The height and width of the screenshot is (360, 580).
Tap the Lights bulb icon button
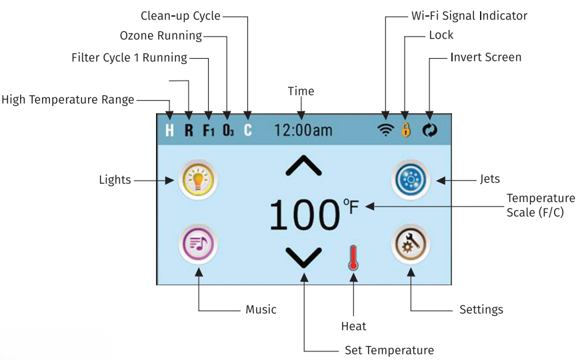pyautogui.click(x=198, y=180)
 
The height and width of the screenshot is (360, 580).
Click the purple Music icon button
pyautogui.click(x=198, y=244)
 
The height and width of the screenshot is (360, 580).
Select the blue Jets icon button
pyautogui.click(x=411, y=180)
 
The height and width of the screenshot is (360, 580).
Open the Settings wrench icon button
pyautogui.click(x=411, y=244)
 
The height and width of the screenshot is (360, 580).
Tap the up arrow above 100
pyautogui.click(x=304, y=165)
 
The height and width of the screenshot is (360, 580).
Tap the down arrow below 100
pyautogui.click(x=304, y=257)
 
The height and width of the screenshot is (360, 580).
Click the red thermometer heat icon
pyautogui.click(x=353, y=257)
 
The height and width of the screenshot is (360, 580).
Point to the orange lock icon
pyautogui.click(x=406, y=130)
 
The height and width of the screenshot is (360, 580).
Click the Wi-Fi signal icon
pyautogui.click(x=385, y=130)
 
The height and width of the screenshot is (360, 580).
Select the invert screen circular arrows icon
pyautogui.click(x=429, y=130)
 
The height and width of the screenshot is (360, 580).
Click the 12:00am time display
pyautogui.click(x=303, y=130)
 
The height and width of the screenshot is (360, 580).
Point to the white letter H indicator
pyautogui.click(x=169, y=130)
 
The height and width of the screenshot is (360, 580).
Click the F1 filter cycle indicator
pyautogui.click(x=209, y=130)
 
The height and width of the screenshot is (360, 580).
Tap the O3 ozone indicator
pyautogui.click(x=228, y=130)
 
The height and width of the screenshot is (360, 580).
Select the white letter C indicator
pyautogui.click(x=248, y=130)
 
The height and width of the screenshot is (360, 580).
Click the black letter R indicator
pyautogui.click(x=189, y=130)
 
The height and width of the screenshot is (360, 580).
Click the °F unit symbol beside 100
pyautogui.click(x=351, y=207)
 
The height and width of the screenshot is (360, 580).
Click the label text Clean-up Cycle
pyautogui.click(x=181, y=16)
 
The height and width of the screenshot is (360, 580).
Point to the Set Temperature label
pyautogui.click(x=389, y=350)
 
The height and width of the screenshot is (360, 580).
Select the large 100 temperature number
pyautogui.click(x=305, y=215)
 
